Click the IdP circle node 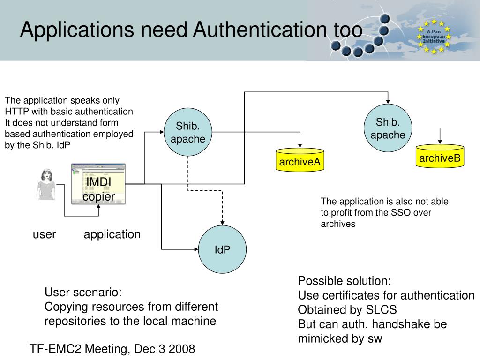click(222, 250)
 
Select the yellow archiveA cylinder click(300, 159)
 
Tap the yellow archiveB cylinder click(440, 156)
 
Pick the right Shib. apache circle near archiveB click(388, 128)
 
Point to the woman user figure click(46, 185)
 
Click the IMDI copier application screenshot click(98, 184)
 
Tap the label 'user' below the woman click(45, 234)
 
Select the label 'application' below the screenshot click(112, 234)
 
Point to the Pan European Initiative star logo click(434, 36)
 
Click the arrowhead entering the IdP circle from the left click(196, 249)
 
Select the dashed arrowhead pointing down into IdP click(222, 222)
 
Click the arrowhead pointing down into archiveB click(440, 142)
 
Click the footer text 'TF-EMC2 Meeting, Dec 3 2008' click(112, 349)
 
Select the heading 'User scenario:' click(83, 292)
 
